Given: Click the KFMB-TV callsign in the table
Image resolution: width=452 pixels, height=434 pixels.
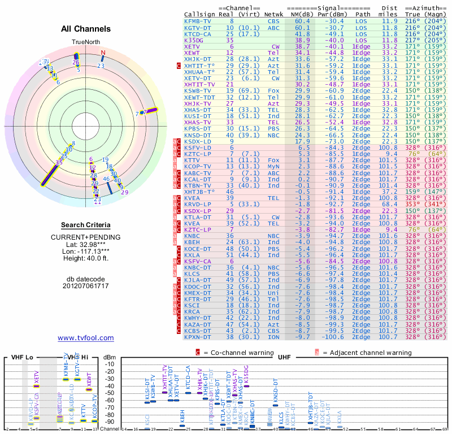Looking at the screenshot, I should (198, 21).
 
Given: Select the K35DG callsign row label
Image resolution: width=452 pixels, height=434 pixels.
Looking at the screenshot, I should (194, 41).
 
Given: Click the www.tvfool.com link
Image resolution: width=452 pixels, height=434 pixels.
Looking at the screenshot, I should (86, 338).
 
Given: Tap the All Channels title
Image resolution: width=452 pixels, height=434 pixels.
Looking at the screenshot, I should (86, 29).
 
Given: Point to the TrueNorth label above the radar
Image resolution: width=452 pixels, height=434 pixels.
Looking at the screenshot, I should (85, 42).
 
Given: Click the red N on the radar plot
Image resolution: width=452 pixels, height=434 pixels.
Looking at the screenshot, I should (103, 53).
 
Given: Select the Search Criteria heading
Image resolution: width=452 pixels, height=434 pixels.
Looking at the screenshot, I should (86, 225).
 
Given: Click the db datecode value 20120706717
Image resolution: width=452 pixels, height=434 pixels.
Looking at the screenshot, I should (86, 286).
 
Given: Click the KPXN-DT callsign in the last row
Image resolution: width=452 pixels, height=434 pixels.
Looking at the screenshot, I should (198, 337).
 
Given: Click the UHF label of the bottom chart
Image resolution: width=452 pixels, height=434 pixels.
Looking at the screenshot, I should (284, 358).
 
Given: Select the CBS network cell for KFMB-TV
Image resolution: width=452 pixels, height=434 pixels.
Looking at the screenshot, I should (273, 21).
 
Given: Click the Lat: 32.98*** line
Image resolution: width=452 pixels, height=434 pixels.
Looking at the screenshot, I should (86, 244).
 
